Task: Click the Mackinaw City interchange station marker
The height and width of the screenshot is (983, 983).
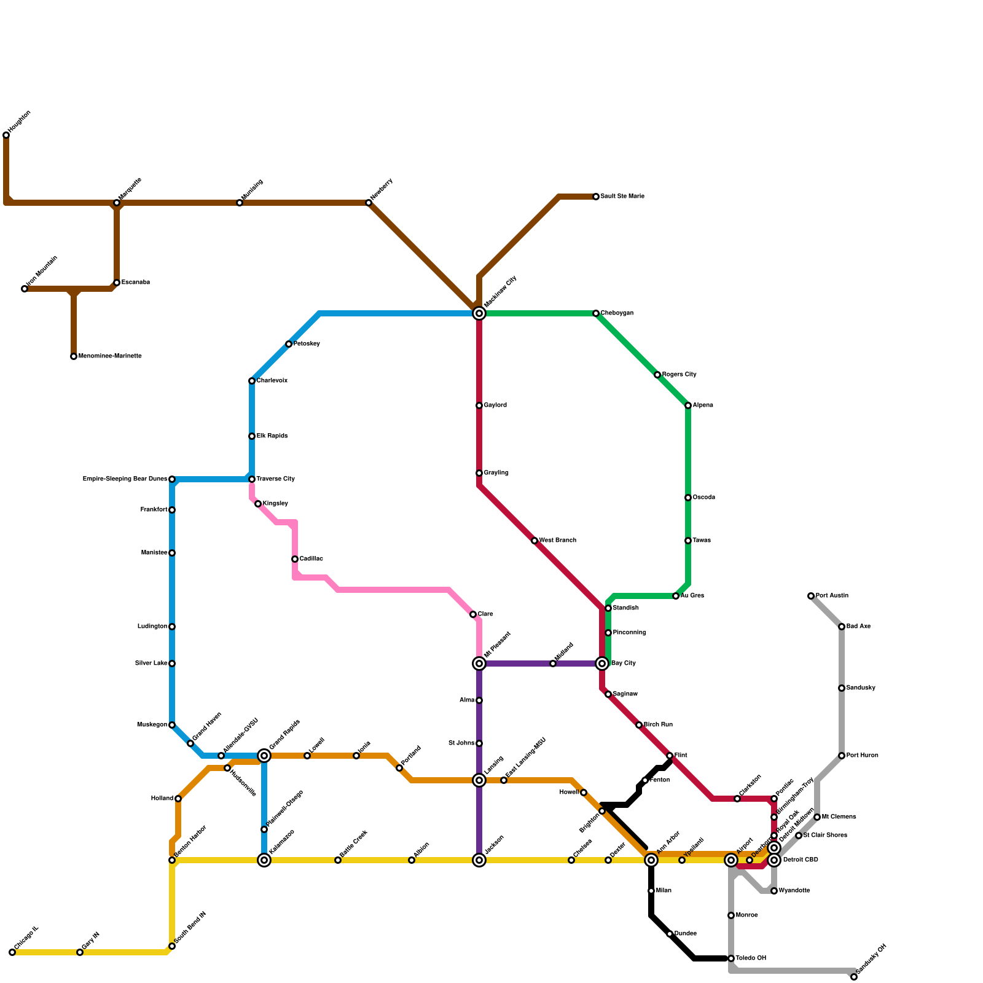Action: point(479,313)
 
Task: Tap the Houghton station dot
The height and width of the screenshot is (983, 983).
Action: point(6,135)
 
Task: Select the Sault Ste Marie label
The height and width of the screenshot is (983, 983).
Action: point(622,197)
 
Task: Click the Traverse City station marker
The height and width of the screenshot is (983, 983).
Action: point(252,479)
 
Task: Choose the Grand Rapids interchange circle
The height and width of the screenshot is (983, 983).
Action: point(264,756)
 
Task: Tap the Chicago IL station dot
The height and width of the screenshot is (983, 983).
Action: point(12,952)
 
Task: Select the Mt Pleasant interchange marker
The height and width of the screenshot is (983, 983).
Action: point(479,664)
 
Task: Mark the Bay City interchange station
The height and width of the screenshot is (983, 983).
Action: point(602,664)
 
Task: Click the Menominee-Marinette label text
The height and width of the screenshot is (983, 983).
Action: point(110,356)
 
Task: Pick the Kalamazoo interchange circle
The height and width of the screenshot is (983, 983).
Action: point(264,860)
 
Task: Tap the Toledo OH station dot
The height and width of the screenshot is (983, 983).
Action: point(731,958)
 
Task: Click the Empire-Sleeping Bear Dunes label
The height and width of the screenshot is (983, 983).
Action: point(125,479)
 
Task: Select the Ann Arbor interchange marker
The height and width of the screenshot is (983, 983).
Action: point(651,860)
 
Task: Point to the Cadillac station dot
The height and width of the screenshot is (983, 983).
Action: point(295,559)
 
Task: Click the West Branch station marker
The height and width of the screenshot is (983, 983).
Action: point(535,541)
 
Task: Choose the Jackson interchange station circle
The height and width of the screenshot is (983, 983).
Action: point(479,860)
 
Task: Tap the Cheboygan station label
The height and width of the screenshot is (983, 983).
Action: point(617,313)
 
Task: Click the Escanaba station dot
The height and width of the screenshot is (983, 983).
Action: point(117,283)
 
